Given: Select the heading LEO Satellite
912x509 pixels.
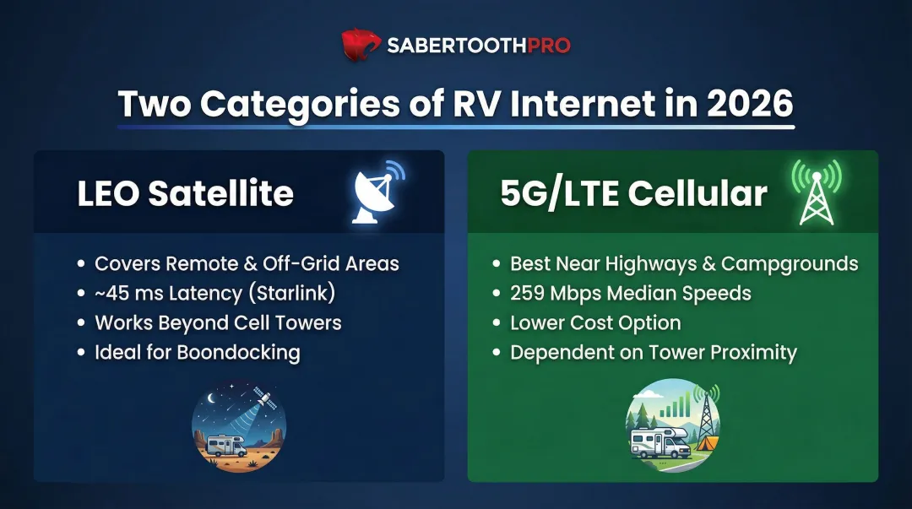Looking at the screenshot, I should [185, 194].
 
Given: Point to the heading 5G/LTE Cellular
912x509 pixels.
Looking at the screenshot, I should [633, 194].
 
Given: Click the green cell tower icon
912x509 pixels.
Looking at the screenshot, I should [816, 192].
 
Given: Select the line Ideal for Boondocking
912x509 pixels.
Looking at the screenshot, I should [197, 352].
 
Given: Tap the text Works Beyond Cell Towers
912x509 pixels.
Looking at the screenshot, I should [218, 322].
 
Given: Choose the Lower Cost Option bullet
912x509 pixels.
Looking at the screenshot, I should [595, 322].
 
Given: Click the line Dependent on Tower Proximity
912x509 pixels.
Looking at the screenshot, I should [653, 352].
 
